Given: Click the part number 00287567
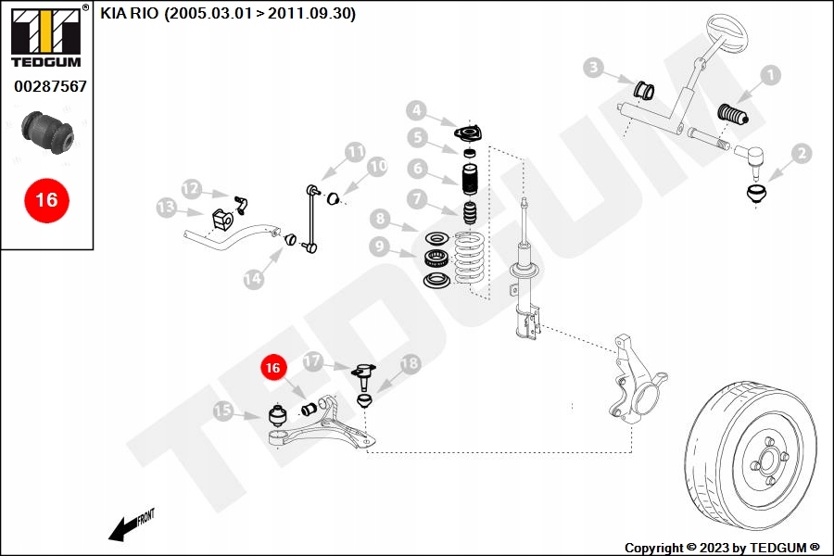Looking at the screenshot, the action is [50, 86].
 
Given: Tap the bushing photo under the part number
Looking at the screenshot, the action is [49, 134].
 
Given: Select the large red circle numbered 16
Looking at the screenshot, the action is [46, 199].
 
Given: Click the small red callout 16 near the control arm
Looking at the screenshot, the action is [272, 368].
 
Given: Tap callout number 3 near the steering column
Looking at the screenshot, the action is [594, 67].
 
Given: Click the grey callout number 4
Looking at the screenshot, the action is [417, 111].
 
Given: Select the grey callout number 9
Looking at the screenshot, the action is [379, 246].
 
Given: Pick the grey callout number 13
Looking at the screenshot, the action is [167, 208].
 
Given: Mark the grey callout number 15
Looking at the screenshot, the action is [223, 411].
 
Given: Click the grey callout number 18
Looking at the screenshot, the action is [410, 364].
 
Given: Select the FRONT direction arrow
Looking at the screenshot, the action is [131, 526].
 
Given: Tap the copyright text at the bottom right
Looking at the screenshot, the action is [722, 548].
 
